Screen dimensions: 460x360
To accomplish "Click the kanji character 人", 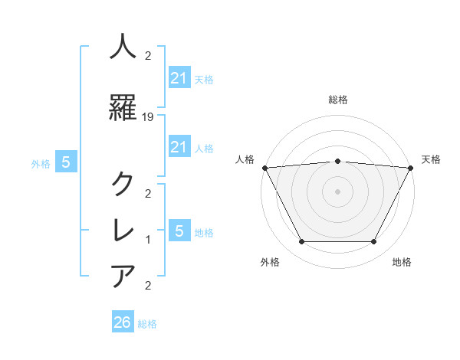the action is point(123,47).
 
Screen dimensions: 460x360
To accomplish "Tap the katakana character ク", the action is point(123,184).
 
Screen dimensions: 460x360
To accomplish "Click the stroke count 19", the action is point(149,117).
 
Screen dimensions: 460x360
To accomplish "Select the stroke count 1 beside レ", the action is point(149,240).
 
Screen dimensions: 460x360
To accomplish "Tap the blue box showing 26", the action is point(122,322).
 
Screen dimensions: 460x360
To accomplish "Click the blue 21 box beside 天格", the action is point(179,77).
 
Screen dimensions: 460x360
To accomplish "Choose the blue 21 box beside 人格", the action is point(179,146).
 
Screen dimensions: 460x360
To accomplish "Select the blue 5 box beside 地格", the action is point(179,231).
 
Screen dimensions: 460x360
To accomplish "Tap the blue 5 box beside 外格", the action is point(66,162).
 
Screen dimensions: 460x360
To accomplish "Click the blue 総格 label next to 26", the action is point(147,324).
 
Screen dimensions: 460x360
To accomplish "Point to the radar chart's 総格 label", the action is point(337,100).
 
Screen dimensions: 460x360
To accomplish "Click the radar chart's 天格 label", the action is point(431,160).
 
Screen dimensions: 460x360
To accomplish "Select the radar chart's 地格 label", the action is point(401,262).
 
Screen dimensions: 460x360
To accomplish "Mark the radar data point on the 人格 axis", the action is point(264,168).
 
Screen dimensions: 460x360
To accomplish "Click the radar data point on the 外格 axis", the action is point(301,241).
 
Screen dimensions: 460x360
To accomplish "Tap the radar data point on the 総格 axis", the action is point(337,161).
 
